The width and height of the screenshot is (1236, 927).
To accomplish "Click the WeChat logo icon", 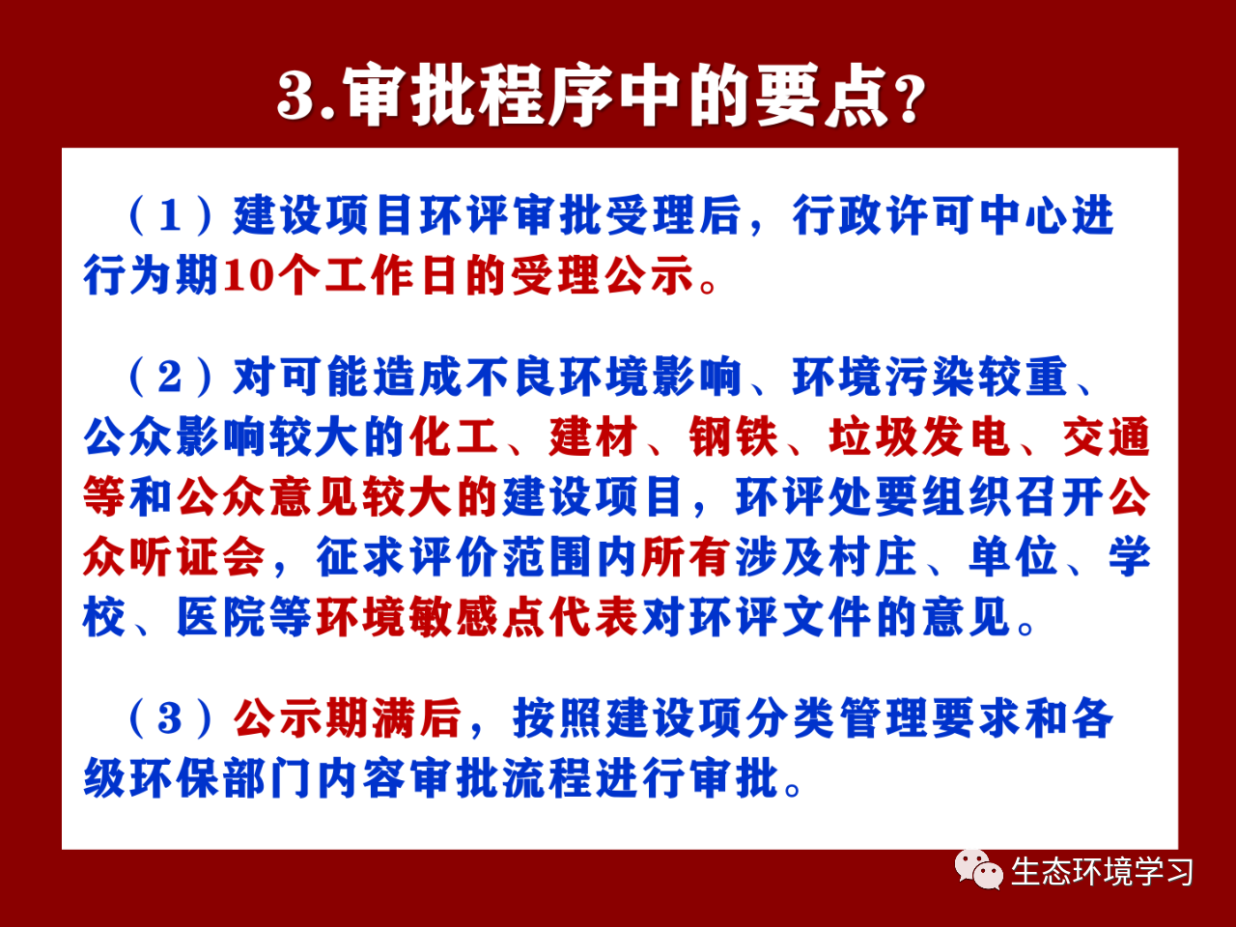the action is click(x=979, y=870).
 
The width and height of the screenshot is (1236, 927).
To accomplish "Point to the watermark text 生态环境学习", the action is click(x=1102, y=872).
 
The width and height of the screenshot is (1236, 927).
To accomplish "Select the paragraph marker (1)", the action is click(x=171, y=215).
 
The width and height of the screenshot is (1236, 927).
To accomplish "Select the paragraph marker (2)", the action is click(x=171, y=377).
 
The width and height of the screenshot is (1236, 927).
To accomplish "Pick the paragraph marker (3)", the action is click(x=171, y=718).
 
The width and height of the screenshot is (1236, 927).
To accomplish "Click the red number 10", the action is click(x=248, y=276).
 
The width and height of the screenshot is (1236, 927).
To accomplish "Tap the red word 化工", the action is click(x=454, y=436).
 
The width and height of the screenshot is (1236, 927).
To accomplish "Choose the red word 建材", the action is click(x=594, y=436).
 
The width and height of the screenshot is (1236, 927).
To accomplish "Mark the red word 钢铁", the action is click(x=733, y=436).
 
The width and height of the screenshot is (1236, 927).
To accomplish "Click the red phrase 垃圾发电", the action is click(x=919, y=436).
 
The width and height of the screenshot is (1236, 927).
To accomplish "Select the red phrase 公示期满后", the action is click(x=348, y=718).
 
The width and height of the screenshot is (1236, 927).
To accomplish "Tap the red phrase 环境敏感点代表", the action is click(x=477, y=617).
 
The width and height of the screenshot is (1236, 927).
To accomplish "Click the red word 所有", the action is click(x=687, y=556).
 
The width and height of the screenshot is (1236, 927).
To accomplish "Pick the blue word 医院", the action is click(x=221, y=617).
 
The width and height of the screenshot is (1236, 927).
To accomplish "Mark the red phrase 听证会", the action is click(x=198, y=556).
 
